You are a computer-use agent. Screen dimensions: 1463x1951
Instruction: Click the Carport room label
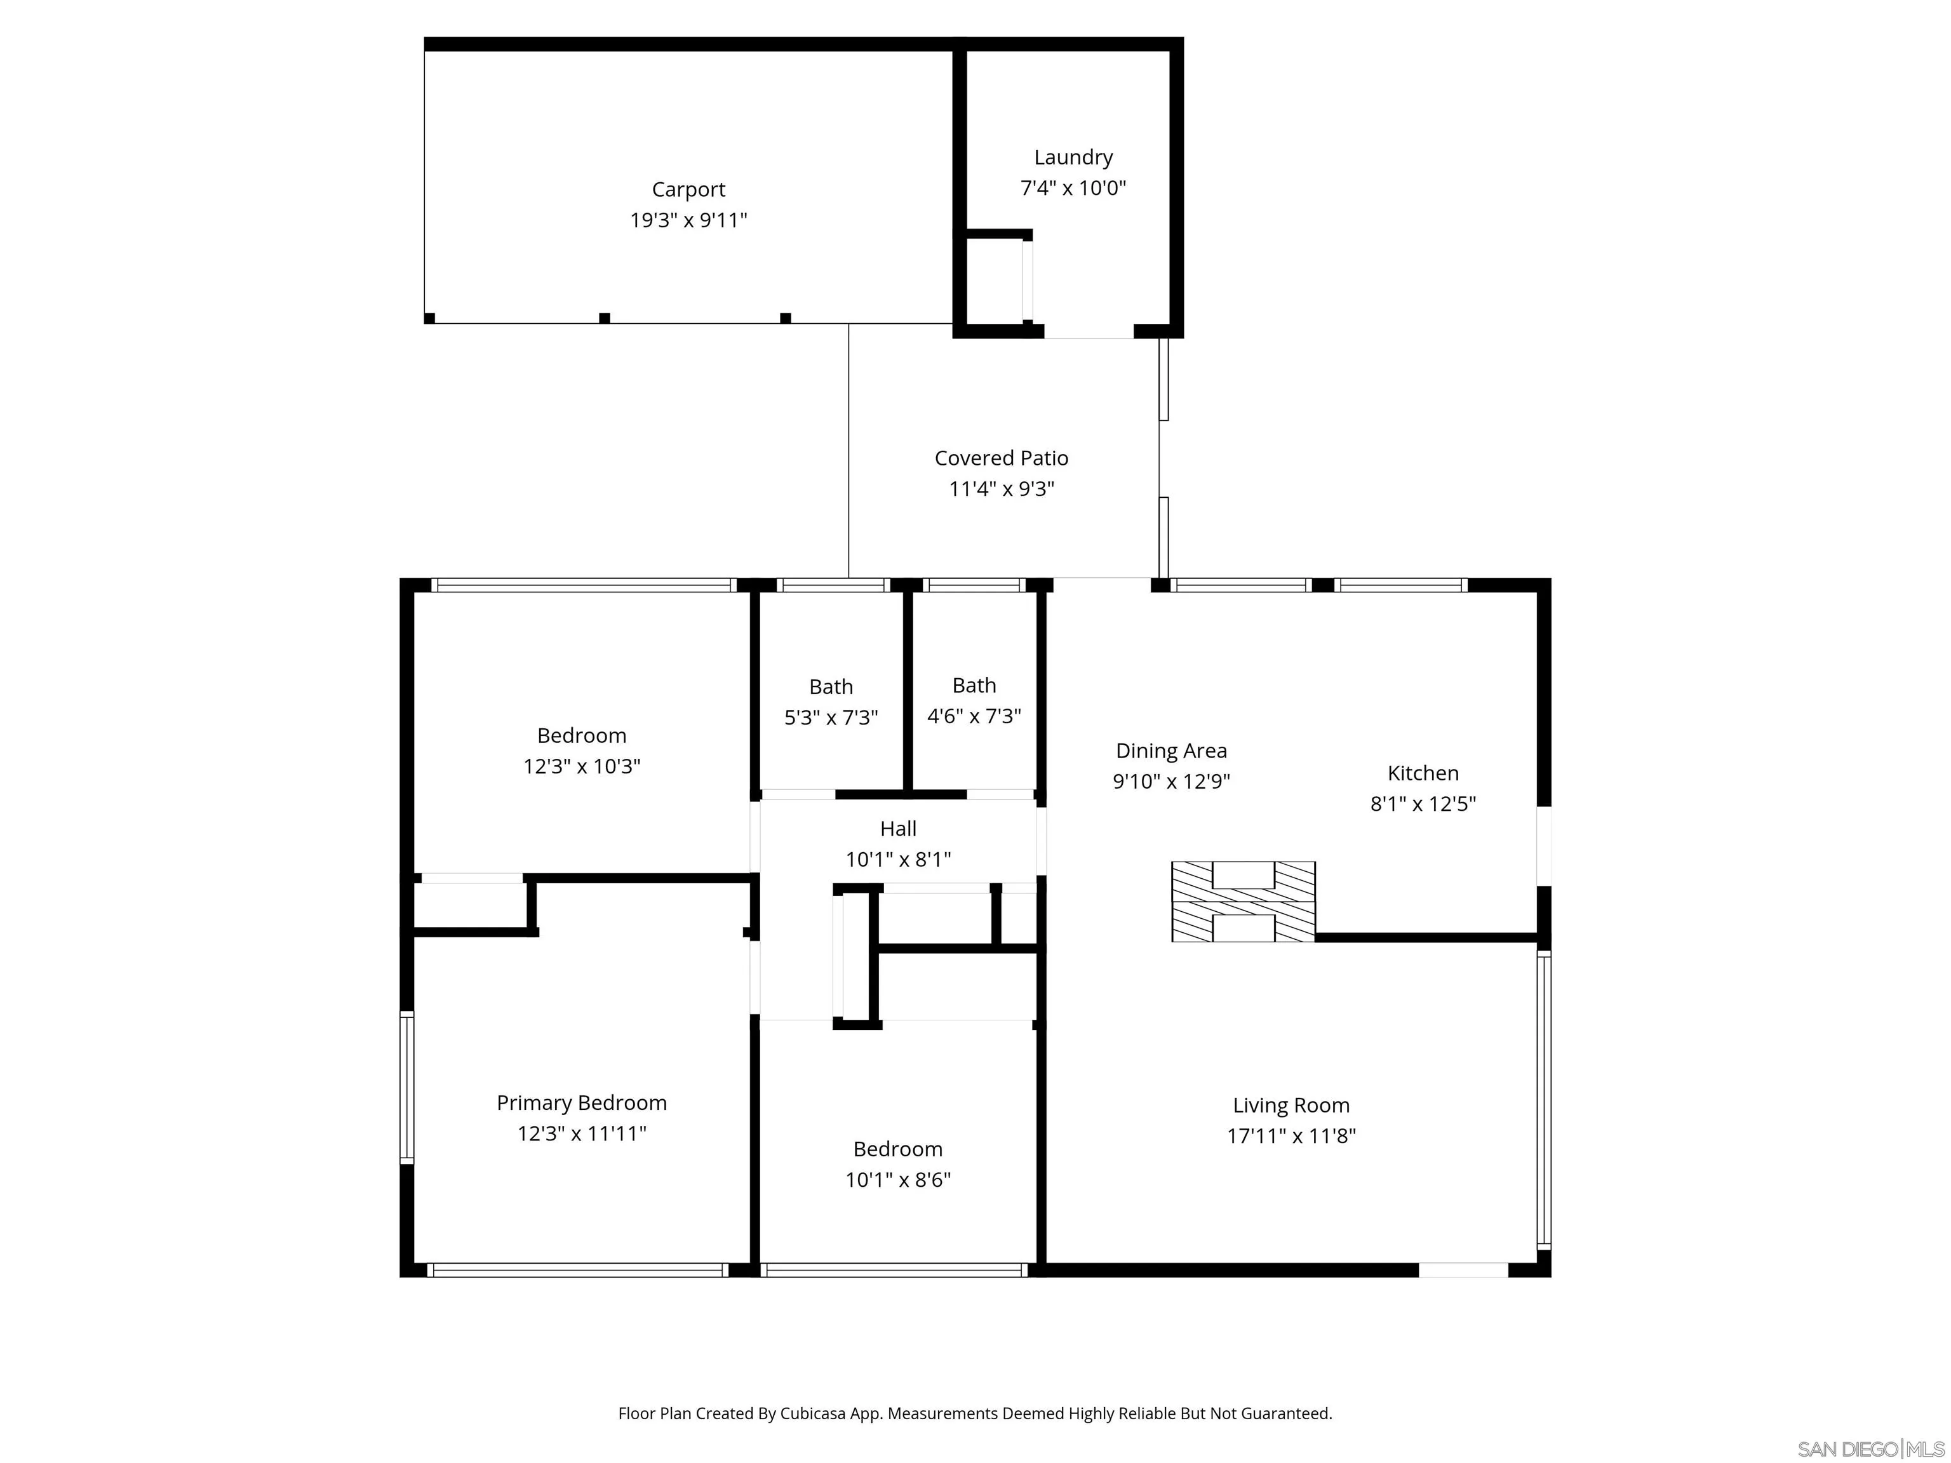point(688,190)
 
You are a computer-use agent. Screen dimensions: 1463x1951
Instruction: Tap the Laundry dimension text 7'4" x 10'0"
point(1073,188)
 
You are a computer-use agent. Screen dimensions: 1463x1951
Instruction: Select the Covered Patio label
point(1001,458)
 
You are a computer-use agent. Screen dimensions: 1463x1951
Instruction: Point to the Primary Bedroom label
point(581,1103)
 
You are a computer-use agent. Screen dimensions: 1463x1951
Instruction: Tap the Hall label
point(898,829)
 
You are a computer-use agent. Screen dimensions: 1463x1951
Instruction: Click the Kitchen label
point(1423,773)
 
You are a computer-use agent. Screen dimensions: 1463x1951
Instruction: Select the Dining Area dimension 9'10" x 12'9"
point(1170,781)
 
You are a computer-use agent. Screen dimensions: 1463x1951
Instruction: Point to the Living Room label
point(1291,1106)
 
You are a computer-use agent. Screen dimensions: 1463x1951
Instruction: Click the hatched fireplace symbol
point(1243,901)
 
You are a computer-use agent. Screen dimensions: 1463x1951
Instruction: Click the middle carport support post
point(604,318)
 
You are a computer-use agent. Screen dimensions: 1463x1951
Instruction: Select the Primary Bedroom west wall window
point(406,1087)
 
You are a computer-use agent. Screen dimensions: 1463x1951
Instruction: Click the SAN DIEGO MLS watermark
point(1870,1449)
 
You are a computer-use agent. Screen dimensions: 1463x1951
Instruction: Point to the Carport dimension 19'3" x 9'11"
point(688,220)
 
